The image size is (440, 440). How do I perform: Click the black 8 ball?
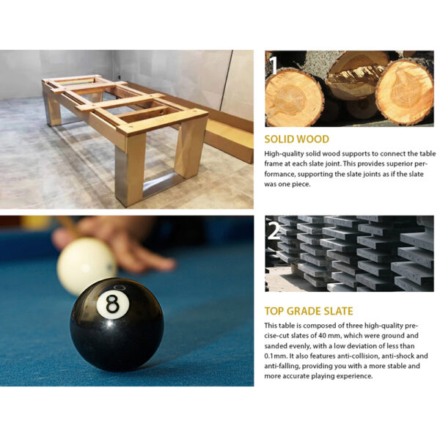tap(117, 325)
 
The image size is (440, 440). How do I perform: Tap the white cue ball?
tap(87, 265)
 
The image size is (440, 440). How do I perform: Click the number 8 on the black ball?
tap(112, 304)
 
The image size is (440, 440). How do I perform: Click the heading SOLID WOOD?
tap(296, 139)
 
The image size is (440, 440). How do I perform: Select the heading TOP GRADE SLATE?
tap(309, 311)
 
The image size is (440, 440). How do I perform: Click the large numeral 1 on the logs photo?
tap(274, 65)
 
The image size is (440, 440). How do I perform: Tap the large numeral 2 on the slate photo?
tap(274, 231)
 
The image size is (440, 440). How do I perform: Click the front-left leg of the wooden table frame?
tap(130, 170)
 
